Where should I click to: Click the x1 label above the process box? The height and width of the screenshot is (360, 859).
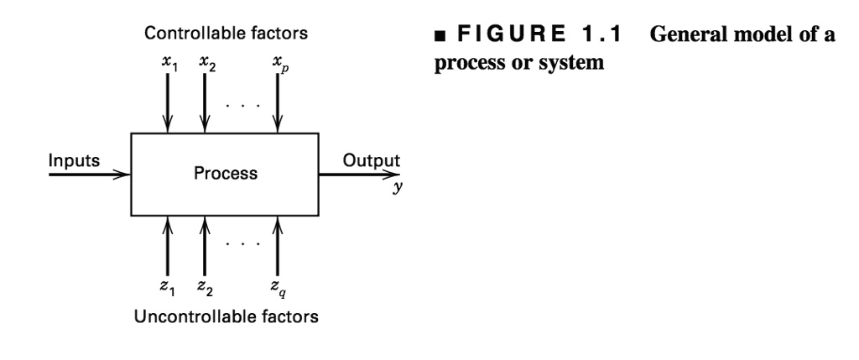(169, 63)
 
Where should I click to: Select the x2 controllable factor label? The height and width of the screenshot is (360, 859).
(206, 63)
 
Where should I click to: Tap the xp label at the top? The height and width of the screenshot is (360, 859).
(279, 64)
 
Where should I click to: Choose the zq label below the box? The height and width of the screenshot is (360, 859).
(279, 290)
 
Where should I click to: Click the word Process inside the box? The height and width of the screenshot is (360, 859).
(226, 175)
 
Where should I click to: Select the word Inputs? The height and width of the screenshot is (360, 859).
(75, 159)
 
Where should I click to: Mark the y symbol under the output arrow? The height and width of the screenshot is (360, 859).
(397, 189)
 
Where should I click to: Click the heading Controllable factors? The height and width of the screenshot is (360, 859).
(226, 34)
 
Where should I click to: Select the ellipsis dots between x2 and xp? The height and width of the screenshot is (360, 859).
(242, 107)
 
